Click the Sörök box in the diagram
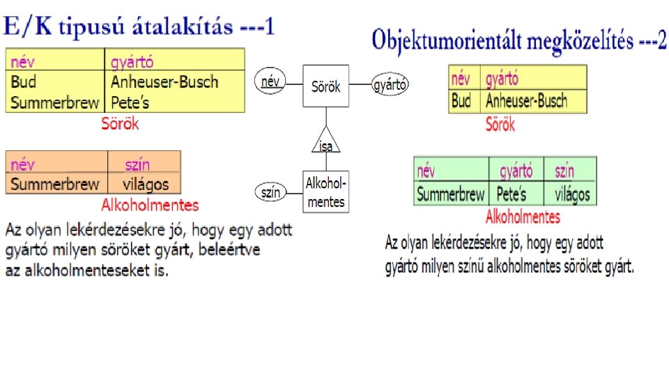point(325,86)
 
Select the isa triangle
point(325,140)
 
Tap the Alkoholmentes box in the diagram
point(325,191)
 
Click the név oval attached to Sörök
point(270,81)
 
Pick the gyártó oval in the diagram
point(390,85)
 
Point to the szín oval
point(270,192)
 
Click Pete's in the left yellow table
point(130,103)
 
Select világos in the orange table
point(145,185)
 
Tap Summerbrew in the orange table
point(55,185)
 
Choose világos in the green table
point(572,194)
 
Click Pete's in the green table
point(512,194)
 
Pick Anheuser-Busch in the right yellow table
point(526,101)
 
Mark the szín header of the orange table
point(137,165)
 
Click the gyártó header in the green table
point(516,171)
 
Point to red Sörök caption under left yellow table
point(120,124)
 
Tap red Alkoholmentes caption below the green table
point(523,217)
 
